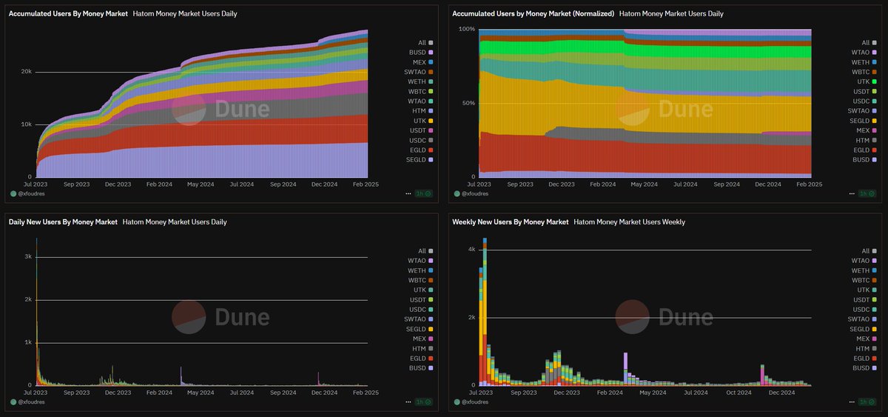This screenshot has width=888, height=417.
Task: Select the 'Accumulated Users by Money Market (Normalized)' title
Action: pos(533,14)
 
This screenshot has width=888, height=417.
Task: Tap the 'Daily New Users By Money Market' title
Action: pos(63,221)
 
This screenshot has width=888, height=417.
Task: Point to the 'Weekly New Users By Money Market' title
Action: pos(511,221)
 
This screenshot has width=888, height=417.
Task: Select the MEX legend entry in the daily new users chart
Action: pos(419,338)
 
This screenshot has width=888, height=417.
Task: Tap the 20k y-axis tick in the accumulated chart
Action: pos(25,72)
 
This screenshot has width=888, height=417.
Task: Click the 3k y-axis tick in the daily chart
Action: pos(27,257)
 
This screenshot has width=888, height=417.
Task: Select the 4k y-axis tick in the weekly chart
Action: pos(471,250)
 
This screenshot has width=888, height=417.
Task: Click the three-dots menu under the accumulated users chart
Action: pos(408,194)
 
